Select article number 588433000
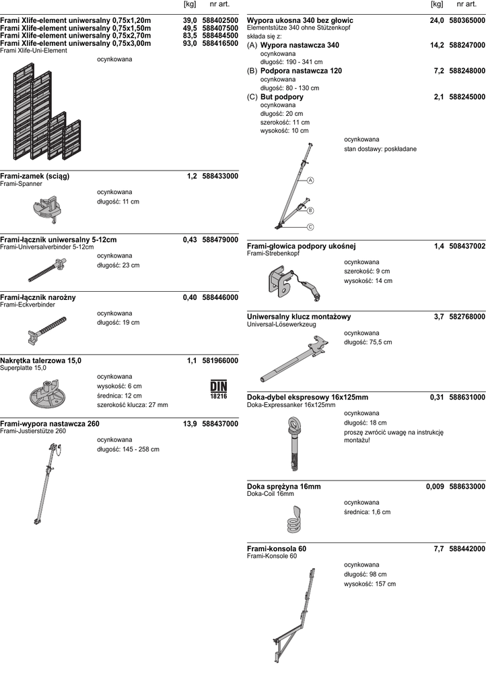point(220,176)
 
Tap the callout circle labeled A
point(311,181)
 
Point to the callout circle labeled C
point(311,227)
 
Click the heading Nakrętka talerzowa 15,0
point(41,360)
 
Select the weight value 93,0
point(190,43)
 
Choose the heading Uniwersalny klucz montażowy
point(299,317)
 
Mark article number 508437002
point(467,247)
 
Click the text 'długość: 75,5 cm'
point(368,342)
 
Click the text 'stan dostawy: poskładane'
point(380,149)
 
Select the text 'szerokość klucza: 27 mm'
point(133,405)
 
